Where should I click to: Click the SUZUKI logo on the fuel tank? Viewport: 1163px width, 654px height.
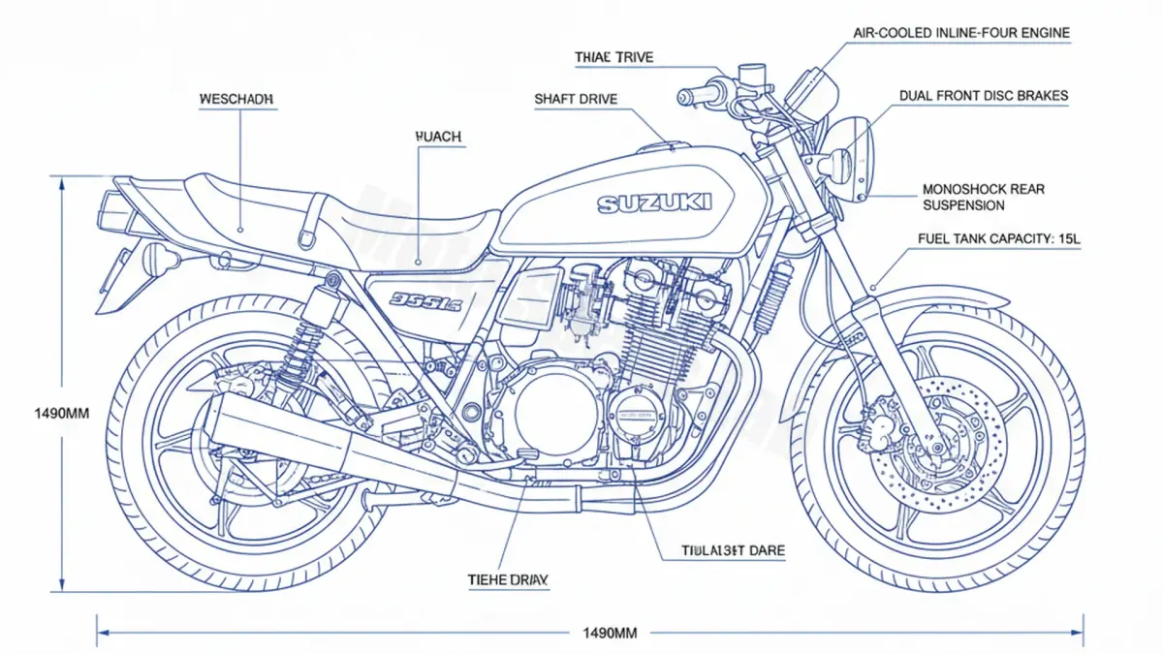tap(654, 203)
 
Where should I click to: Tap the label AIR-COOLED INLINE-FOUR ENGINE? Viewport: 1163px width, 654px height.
tap(961, 33)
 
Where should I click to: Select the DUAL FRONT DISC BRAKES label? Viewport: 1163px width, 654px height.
tap(984, 95)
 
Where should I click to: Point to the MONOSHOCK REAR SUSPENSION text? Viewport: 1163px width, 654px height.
tap(983, 198)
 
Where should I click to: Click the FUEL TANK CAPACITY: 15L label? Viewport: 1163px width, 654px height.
tap(997, 238)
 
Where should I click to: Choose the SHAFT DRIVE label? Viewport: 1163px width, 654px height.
tap(576, 99)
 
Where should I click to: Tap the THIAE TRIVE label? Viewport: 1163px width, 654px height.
tap(613, 57)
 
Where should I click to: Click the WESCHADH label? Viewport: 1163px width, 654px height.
tap(236, 99)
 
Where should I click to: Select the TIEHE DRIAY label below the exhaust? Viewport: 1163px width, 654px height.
tap(508, 579)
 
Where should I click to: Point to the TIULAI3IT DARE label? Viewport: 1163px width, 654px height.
tap(734, 550)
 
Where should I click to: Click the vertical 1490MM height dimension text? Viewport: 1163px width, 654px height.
tap(35, 413)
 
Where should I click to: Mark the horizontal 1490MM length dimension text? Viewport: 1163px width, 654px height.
tap(609, 634)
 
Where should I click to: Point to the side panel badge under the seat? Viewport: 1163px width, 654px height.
tap(425, 299)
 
